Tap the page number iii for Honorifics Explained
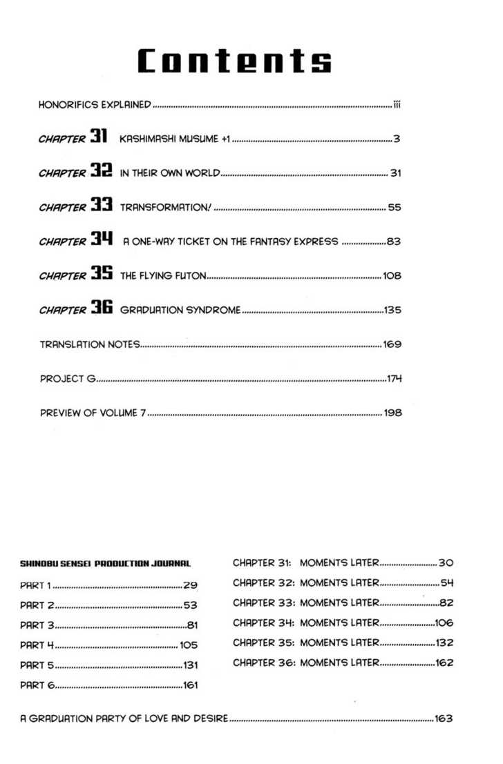397,106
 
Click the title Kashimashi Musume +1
174,139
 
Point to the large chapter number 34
100,239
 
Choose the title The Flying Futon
163,276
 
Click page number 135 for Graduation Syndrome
392,311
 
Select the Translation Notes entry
90,344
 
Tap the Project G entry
67,378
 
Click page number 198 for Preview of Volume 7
392,413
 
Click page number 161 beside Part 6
190,685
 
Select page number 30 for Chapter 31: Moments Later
445,563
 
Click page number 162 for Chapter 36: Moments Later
444,663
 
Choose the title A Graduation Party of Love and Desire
124,718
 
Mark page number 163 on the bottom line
443,718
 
